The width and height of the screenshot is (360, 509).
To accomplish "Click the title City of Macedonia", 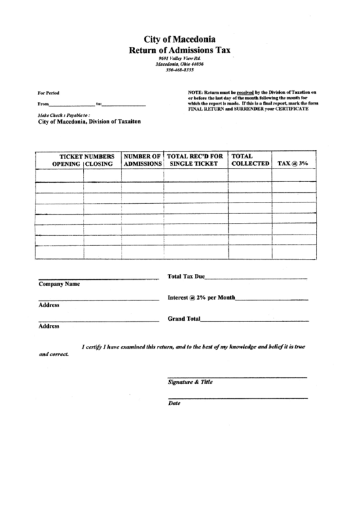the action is click(x=179, y=39).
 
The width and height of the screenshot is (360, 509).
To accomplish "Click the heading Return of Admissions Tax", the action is click(x=179, y=50).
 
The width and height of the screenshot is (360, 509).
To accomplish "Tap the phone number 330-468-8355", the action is click(x=179, y=69).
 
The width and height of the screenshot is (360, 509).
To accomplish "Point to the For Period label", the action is click(x=48, y=92).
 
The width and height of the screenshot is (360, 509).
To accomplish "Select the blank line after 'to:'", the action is click(x=124, y=105).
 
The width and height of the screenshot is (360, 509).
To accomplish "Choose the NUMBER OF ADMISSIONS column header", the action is click(x=142, y=160).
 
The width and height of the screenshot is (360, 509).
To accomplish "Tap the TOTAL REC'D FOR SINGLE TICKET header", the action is click(x=196, y=160).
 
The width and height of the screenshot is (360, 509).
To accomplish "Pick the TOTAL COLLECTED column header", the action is click(x=250, y=160).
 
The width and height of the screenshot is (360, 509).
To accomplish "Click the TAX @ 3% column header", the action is click(x=293, y=164).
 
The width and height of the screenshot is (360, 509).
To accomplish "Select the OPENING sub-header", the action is click(x=67, y=164).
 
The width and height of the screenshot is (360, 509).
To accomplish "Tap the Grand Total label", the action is click(x=184, y=319).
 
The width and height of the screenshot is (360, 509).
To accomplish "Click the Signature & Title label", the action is click(x=190, y=382).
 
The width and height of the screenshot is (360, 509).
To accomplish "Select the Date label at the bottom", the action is click(x=174, y=403).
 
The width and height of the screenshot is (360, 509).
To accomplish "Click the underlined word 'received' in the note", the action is click(x=245, y=91).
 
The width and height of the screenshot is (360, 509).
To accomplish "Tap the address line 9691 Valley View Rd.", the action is click(x=179, y=58).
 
